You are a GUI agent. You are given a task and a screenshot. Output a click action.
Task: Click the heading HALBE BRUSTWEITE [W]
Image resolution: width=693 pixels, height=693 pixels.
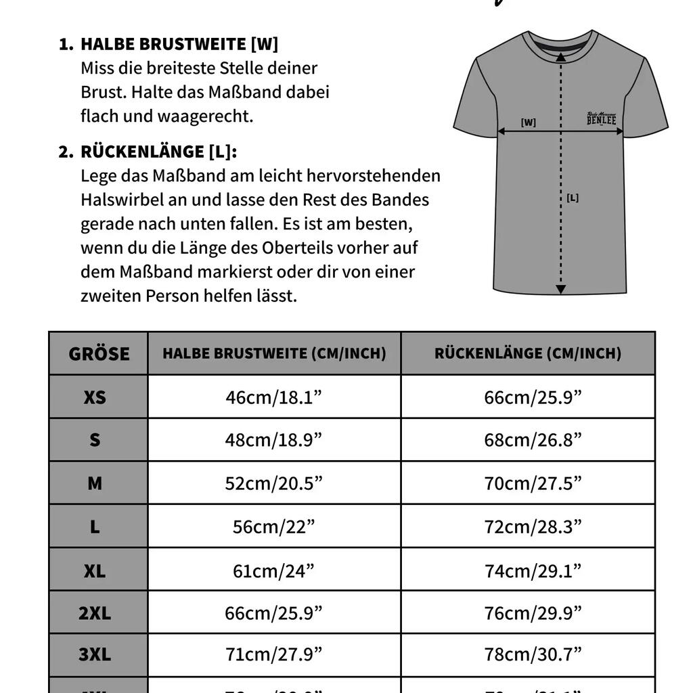[179, 44]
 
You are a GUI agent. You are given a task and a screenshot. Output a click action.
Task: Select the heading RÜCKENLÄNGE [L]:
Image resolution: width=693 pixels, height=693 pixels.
[158, 151]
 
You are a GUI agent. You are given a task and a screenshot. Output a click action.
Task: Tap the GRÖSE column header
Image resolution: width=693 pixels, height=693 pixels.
[99, 353]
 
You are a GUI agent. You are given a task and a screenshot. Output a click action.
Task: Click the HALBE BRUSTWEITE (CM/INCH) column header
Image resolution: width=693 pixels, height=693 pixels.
[274, 353]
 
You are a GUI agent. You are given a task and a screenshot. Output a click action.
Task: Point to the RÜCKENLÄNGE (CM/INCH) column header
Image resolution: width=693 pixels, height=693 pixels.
[528, 353]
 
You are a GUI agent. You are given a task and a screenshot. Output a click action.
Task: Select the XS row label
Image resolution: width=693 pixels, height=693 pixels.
[95, 397]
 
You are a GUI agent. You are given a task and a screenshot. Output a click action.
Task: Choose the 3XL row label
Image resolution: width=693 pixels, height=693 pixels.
[95, 654]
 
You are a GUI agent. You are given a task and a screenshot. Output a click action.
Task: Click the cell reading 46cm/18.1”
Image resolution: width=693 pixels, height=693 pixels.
[274, 397]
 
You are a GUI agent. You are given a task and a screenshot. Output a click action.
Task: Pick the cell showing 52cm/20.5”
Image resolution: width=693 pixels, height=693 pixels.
[274, 483]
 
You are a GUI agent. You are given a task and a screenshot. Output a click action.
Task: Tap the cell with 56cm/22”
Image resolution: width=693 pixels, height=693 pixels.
[274, 527]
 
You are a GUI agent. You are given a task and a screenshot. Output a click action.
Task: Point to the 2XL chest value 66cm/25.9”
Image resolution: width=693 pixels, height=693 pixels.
[274, 613]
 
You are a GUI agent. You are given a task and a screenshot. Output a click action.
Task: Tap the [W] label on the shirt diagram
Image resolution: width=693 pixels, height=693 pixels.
[529, 122]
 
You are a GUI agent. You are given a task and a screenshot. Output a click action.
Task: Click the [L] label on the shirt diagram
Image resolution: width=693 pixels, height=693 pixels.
[573, 198]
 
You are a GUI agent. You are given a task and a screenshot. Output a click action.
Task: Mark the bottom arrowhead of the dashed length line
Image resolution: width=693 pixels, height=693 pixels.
[560, 290]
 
